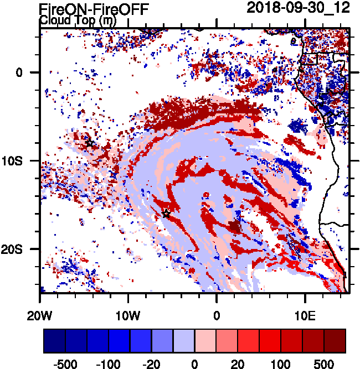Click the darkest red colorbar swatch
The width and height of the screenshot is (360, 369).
pos(335,341)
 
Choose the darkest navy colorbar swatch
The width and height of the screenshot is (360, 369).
pos(54,341)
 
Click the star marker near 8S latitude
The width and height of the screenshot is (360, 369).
pos(90,143)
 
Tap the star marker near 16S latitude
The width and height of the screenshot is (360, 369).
pos(166,214)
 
